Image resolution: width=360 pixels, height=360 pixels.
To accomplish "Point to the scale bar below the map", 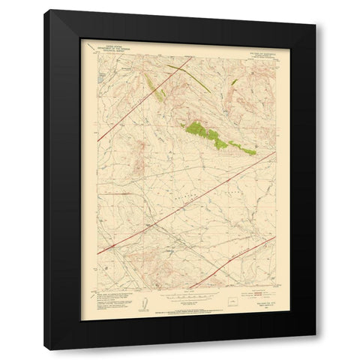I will [178, 301].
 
